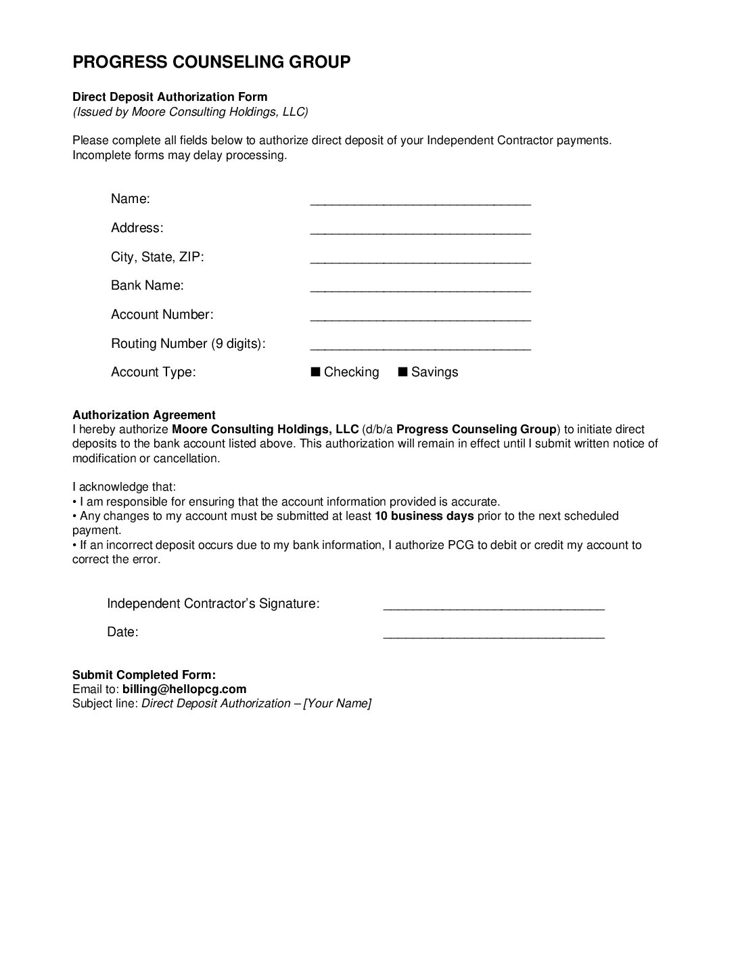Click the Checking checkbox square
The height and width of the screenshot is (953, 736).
(x=315, y=372)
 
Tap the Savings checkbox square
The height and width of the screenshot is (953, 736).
(x=402, y=372)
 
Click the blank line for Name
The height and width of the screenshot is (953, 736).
(x=420, y=202)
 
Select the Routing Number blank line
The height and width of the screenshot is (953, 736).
(x=420, y=348)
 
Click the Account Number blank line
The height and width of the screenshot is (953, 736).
(x=420, y=319)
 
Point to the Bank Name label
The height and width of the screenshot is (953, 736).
(x=147, y=286)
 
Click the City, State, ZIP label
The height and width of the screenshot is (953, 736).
(x=158, y=257)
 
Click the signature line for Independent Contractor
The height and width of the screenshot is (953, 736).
(x=494, y=608)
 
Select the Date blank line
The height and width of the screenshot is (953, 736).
(x=494, y=636)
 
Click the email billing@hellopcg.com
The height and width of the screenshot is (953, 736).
(x=184, y=689)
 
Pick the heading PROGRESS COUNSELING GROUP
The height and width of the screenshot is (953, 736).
(x=212, y=62)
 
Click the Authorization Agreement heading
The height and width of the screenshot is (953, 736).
(x=144, y=415)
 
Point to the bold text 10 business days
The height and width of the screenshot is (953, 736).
(x=424, y=516)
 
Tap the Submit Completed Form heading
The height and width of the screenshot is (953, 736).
(x=144, y=675)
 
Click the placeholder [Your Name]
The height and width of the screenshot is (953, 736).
(x=337, y=703)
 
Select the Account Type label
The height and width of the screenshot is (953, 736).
(x=154, y=372)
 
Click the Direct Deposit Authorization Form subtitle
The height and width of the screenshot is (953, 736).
(x=170, y=97)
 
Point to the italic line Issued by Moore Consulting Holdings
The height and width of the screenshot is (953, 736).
(x=191, y=112)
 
